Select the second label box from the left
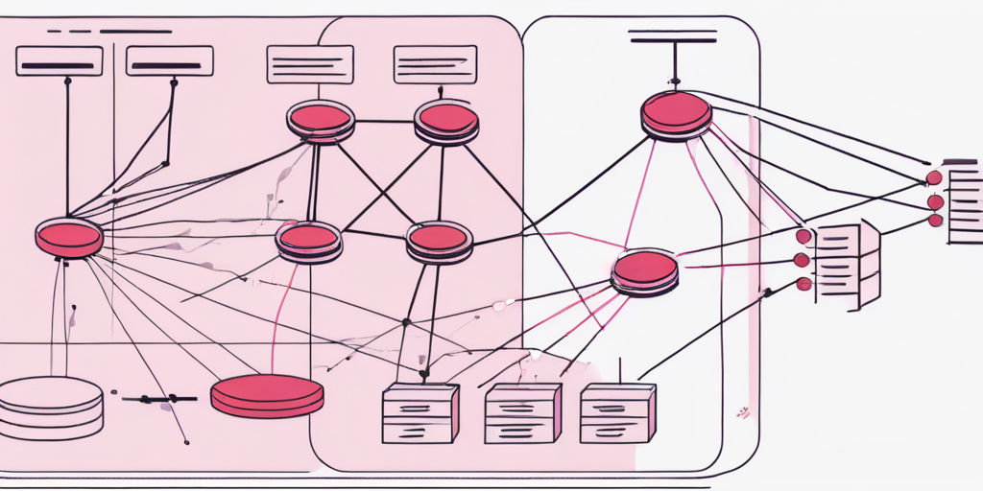click(170, 61)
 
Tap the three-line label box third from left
click(310, 64)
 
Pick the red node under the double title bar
click(677, 113)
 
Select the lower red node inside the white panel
click(645, 270)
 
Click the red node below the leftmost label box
click(69, 237)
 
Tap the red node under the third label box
click(321, 120)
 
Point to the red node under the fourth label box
click(446, 122)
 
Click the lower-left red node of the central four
click(308, 240)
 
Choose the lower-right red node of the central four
click(439, 240)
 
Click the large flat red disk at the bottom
click(267, 394)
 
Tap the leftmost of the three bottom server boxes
click(420, 412)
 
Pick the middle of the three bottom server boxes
click(522, 412)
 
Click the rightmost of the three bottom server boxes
click(617, 412)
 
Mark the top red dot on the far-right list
click(934, 177)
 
